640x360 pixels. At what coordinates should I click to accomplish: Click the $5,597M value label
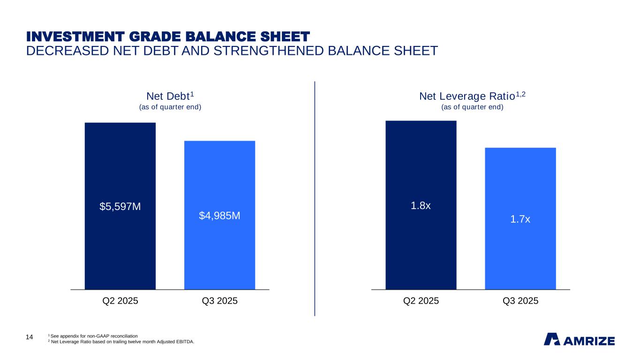(x=120, y=207)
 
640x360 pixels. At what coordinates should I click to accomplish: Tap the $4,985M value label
(x=219, y=216)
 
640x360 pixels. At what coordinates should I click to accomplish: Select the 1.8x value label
(x=421, y=206)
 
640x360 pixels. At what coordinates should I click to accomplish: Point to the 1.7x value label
(x=520, y=218)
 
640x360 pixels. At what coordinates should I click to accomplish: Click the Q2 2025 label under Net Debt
(x=120, y=301)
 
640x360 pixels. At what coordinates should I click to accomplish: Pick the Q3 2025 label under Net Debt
(x=219, y=301)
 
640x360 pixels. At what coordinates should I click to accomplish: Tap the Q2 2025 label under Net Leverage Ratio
(x=421, y=301)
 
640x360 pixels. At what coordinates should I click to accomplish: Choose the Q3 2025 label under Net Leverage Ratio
(x=520, y=301)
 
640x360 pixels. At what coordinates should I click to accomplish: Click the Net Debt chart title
(x=170, y=97)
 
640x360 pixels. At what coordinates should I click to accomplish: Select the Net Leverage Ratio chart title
(x=472, y=97)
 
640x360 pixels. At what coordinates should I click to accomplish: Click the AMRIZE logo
(x=579, y=339)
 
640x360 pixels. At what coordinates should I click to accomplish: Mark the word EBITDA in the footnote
(x=184, y=342)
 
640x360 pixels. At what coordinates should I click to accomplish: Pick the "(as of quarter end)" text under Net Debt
(x=170, y=107)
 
